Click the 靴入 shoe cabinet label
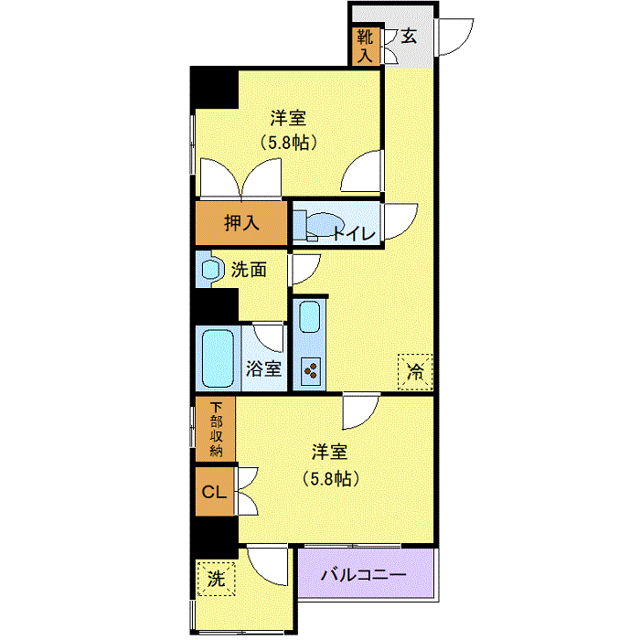[x=366, y=46]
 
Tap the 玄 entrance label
[x=409, y=37]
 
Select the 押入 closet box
[x=241, y=223]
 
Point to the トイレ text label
[x=355, y=234]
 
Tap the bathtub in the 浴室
[x=218, y=358]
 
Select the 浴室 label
[x=263, y=368]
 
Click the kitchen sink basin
[x=309, y=316]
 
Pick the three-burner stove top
[x=311, y=371]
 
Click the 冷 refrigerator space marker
[x=415, y=371]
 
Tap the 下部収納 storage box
[x=216, y=430]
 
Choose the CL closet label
[x=214, y=492]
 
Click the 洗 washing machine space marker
[x=216, y=579]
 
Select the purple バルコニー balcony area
[x=366, y=573]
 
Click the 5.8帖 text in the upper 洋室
[x=288, y=143]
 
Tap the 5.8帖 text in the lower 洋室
[x=331, y=478]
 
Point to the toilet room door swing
[x=400, y=221]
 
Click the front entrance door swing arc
[x=456, y=37]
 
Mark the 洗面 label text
[x=249, y=270]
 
